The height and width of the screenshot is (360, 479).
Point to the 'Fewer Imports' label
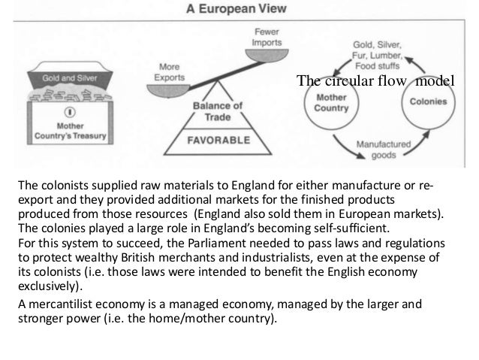pos(267,36)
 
